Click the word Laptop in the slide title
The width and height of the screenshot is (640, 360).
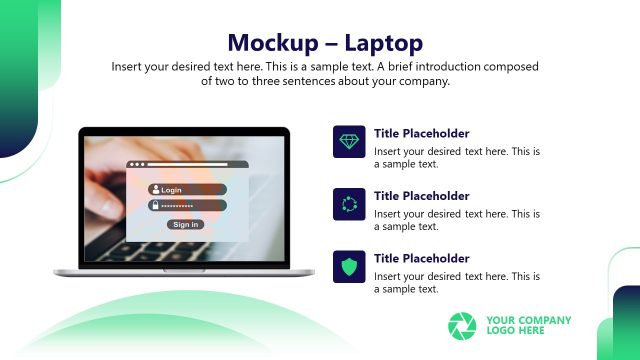tap(383, 43)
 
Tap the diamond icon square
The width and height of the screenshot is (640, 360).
tap(349, 142)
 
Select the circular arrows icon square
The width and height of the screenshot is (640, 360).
tap(349, 204)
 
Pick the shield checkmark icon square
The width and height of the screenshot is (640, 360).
tap(349, 267)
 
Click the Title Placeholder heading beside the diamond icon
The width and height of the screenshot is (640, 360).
tap(421, 134)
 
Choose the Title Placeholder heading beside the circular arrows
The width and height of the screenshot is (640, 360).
tap(421, 196)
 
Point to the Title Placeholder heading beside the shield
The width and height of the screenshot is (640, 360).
tap(421, 259)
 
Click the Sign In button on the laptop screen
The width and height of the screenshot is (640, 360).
tap(186, 224)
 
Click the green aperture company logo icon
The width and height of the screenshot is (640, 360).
tap(463, 326)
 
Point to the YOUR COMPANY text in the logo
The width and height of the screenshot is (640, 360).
tap(529, 320)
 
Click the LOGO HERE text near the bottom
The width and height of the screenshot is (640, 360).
tap(516, 331)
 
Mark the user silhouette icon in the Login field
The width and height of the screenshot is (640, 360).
tap(155, 190)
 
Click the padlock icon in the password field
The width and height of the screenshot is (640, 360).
tap(155, 205)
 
